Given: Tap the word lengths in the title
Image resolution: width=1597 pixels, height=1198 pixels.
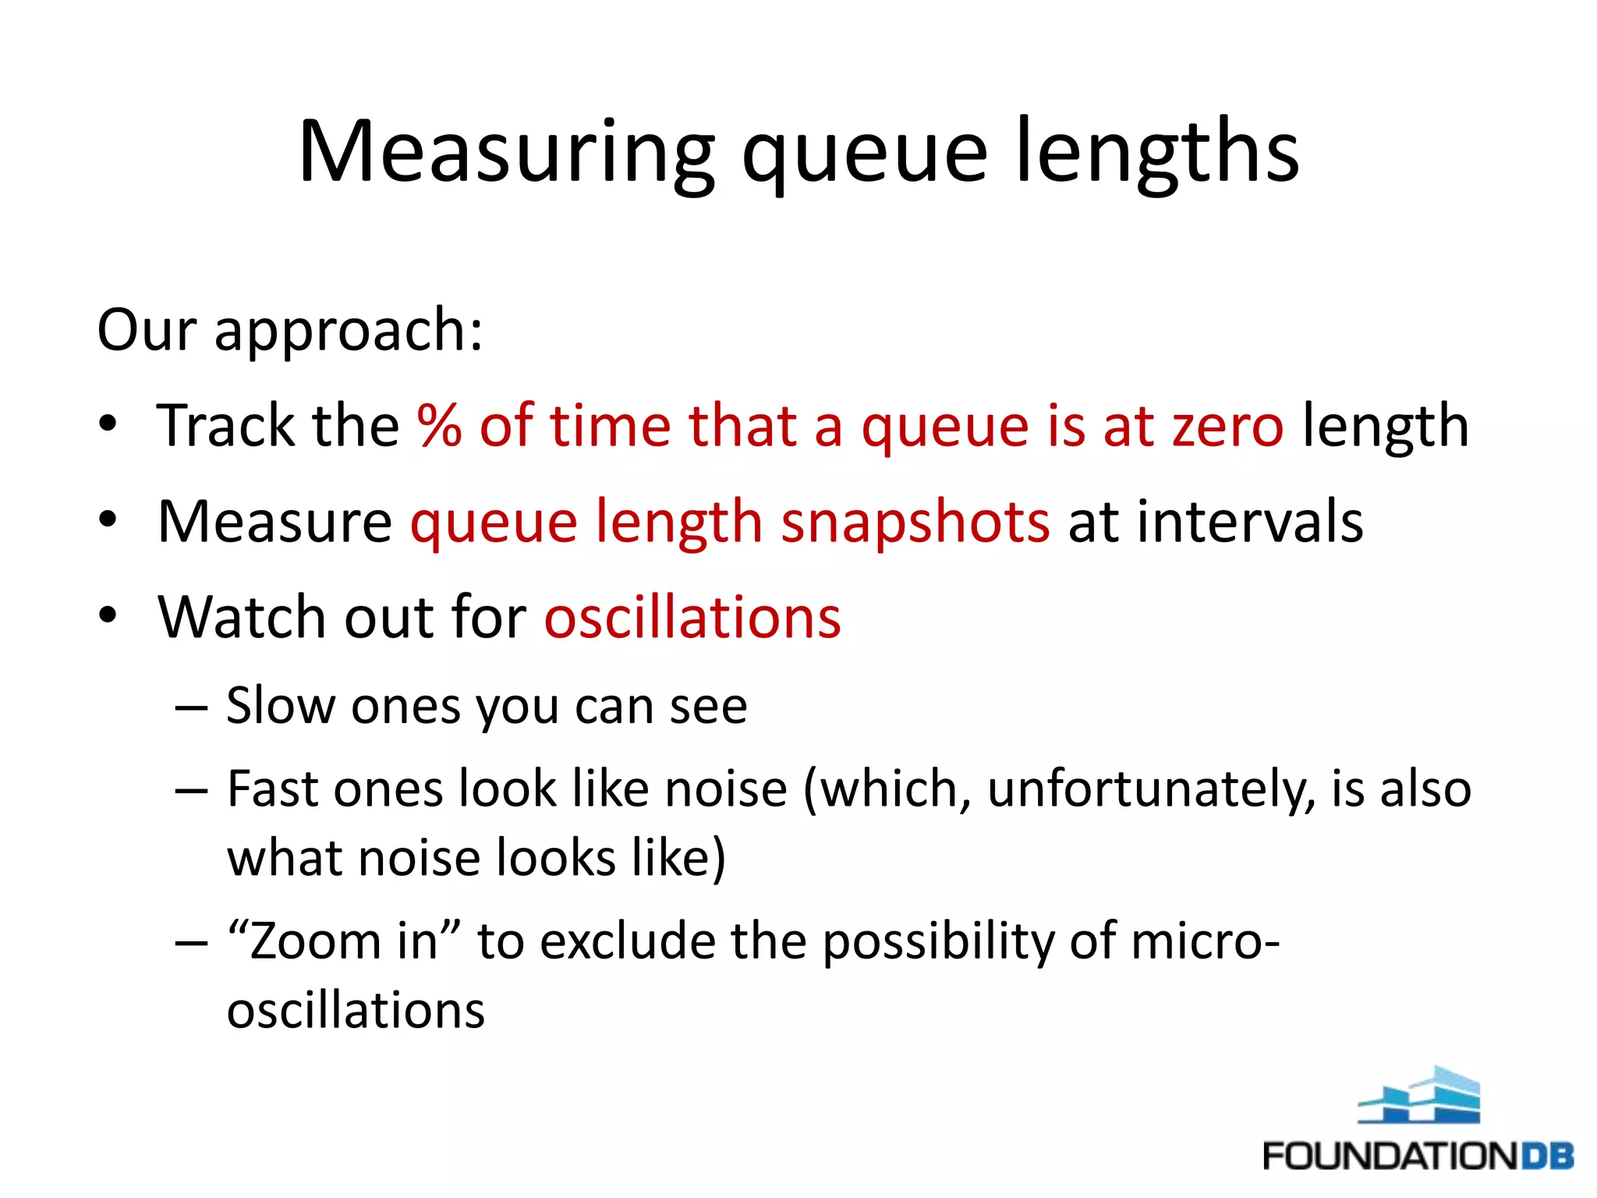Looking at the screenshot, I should pyautogui.click(x=1157, y=152).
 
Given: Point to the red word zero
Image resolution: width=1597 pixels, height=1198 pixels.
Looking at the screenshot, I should pyautogui.click(x=1227, y=427).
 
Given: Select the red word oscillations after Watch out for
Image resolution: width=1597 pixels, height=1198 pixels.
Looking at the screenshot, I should pyautogui.click(x=692, y=618).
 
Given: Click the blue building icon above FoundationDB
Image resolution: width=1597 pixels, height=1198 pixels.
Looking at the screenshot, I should pyautogui.click(x=1420, y=1095).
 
